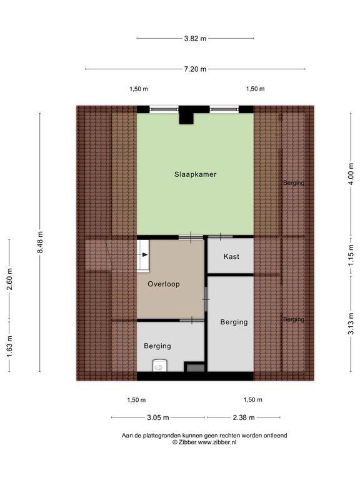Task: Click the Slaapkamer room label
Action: (195, 174)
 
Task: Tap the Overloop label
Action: (164, 284)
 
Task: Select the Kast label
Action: (231, 256)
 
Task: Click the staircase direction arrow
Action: (143, 255)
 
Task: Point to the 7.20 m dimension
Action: (195, 69)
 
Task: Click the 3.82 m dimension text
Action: (195, 39)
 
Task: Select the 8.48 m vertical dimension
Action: (40, 242)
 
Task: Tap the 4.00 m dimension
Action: (351, 174)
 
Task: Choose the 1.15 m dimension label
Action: (351, 255)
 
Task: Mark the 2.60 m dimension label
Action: (9, 279)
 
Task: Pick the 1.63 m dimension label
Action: (9, 346)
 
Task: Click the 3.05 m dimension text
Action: (158, 417)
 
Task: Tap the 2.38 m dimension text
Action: (244, 417)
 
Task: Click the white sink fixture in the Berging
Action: (160, 366)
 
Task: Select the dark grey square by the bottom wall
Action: (195, 367)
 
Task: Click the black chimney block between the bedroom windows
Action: (186, 115)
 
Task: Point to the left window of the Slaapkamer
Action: (164, 109)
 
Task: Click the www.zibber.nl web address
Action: (217, 442)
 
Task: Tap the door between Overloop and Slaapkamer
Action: (191, 237)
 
